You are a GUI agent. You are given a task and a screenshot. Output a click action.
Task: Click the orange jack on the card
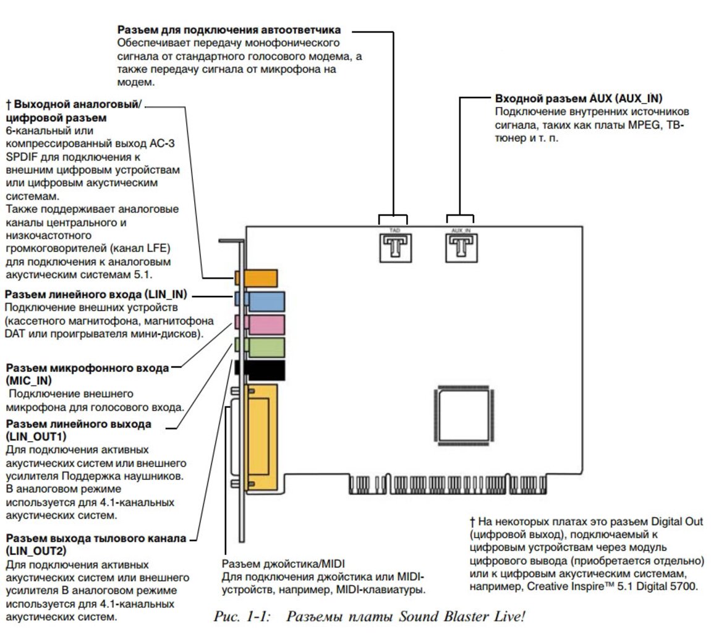click(260, 278)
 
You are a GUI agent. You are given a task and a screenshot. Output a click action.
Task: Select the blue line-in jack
click(266, 301)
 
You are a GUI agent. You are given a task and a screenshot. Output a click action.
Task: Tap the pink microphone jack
click(266, 324)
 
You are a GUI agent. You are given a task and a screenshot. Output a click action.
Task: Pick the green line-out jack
click(266, 347)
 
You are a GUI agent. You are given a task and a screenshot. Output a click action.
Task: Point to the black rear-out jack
click(264, 370)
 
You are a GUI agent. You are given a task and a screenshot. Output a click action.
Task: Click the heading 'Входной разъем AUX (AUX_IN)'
click(579, 99)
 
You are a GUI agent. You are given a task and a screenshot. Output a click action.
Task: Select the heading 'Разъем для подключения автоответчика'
click(229, 30)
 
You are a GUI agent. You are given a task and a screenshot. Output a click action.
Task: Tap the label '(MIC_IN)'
click(28, 381)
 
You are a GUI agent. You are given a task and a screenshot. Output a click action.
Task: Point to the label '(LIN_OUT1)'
click(36, 437)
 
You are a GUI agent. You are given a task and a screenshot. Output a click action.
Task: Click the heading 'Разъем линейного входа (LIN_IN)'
click(96, 294)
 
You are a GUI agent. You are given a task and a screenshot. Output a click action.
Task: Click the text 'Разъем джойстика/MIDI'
click(283, 564)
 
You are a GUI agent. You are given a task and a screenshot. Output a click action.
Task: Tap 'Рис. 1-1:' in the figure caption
click(242, 616)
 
